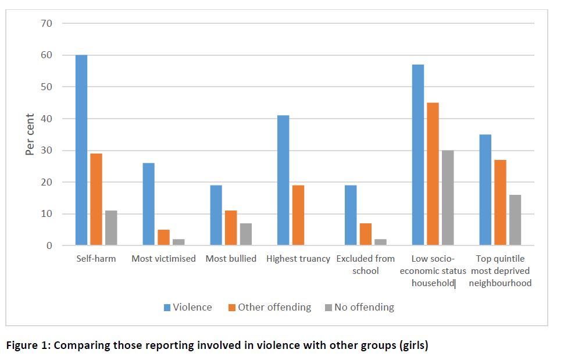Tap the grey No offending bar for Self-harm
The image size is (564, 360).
point(111,228)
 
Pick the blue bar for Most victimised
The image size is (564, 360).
point(149,204)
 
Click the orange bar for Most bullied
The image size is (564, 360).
point(231,228)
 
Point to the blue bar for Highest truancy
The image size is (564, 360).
point(283,180)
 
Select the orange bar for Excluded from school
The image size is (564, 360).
point(366,234)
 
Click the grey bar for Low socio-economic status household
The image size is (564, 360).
point(448,198)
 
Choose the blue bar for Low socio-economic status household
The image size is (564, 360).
point(418,155)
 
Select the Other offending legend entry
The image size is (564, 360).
point(270,307)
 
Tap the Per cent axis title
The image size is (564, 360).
point(30,134)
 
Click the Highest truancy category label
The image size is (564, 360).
point(298,259)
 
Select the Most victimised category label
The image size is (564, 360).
point(163,259)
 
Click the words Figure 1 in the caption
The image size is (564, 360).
point(27,345)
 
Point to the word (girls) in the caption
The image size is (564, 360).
point(412,345)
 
